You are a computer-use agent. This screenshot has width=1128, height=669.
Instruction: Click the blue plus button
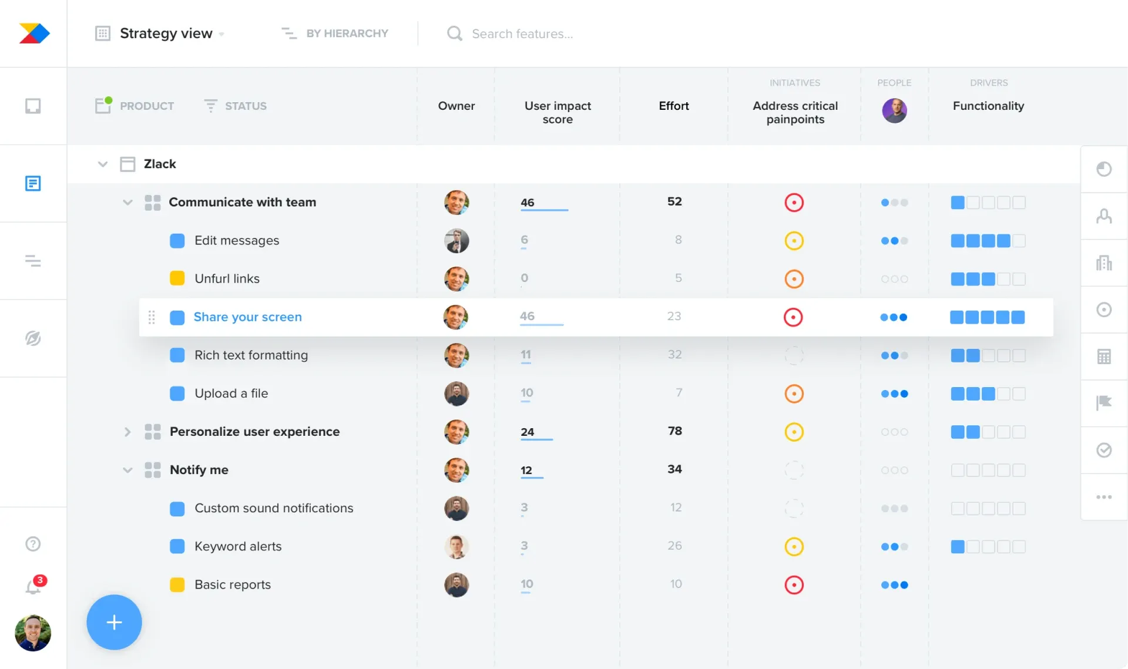pyautogui.click(x=114, y=622)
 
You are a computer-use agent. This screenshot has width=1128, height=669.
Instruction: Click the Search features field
pyautogui.click(x=522, y=34)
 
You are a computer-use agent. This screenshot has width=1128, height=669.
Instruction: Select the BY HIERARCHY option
pyautogui.click(x=347, y=33)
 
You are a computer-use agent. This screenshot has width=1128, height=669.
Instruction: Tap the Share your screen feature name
pyautogui.click(x=247, y=317)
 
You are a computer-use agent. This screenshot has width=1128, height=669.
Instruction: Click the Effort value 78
pyautogui.click(x=674, y=431)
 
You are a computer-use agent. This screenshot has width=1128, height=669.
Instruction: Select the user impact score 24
pyautogui.click(x=527, y=432)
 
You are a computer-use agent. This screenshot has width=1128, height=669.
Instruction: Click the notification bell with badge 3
pyautogui.click(x=33, y=586)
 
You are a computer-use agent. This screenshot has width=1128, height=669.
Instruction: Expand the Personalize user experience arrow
pyautogui.click(x=127, y=432)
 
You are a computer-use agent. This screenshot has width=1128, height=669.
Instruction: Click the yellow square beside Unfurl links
pyautogui.click(x=177, y=278)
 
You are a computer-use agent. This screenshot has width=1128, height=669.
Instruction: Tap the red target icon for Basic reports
pyautogui.click(x=794, y=585)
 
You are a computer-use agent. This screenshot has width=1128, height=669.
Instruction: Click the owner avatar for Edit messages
pyautogui.click(x=456, y=241)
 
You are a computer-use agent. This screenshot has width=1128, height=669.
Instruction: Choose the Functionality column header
pyautogui.click(x=988, y=106)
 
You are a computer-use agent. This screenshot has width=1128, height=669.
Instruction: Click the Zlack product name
pyautogui.click(x=160, y=164)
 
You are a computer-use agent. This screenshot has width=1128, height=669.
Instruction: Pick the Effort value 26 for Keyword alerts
pyautogui.click(x=674, y=546)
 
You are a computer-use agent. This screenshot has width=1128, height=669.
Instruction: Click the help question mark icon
pyautogui.click(x=33, y=544)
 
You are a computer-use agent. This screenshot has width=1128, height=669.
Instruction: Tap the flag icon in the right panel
pyautogui.click(x=1104, y=402)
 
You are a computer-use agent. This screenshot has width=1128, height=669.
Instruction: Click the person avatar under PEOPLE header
pyautogui.click(x=894, y=110)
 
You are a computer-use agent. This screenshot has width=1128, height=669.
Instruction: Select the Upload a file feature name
pyautogui.click(x=231, y=394)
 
